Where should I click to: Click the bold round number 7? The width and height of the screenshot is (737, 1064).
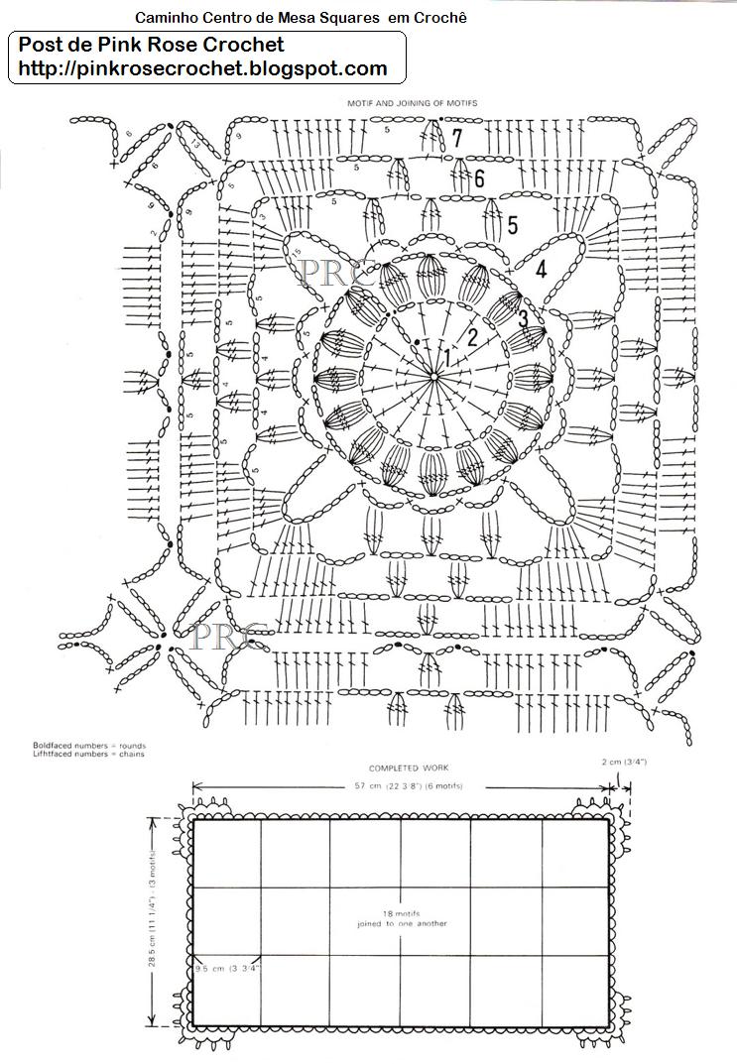[456, 138]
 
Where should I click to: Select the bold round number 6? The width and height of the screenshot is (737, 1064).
[478, 179]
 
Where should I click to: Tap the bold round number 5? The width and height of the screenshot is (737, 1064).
[512, 225]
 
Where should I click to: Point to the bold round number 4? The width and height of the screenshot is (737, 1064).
[541, 269]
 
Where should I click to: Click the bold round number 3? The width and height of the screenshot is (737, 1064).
[523, 319]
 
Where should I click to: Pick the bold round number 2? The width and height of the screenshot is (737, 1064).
[473, 336]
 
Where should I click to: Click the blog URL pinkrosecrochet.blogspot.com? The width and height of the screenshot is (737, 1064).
[197, 68]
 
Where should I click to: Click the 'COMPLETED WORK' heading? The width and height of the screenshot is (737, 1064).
[409, 768]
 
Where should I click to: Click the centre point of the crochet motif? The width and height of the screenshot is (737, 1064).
[435, 376]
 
